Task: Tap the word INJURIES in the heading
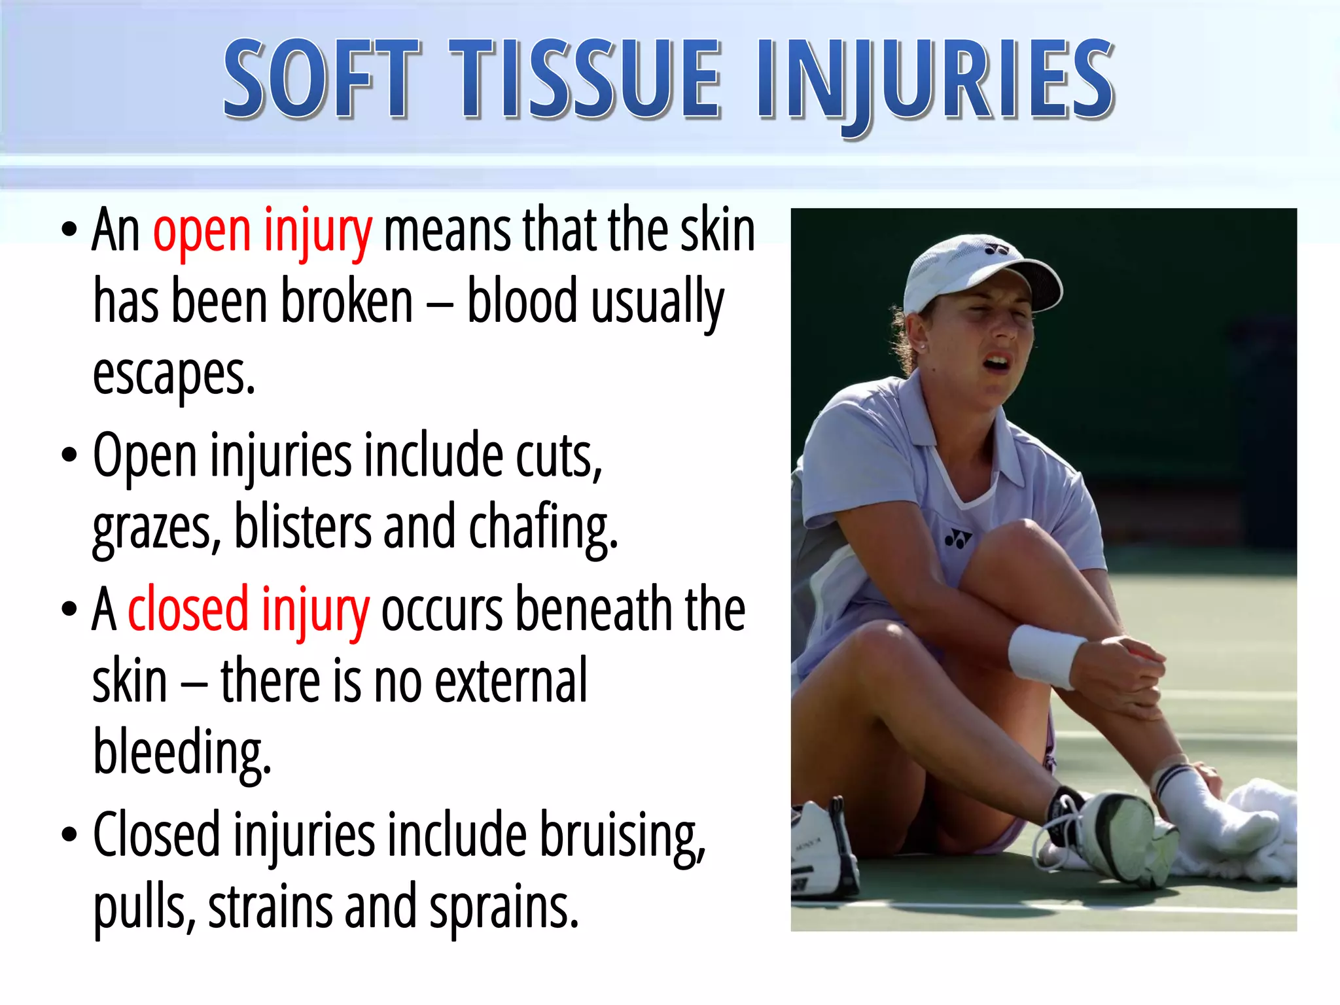[x=936, y=80]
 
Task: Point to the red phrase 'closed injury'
[x=249, y=610]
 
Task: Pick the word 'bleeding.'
[x=182, y=752]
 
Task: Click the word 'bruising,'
[x=622, y=836]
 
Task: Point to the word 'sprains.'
[x=504, y=907]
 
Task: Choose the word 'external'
[x=511, y=681]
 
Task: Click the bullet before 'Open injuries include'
[x=69, y=455]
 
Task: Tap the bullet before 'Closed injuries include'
[x=69, y=835]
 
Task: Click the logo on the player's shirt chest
[x=958, y=540]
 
